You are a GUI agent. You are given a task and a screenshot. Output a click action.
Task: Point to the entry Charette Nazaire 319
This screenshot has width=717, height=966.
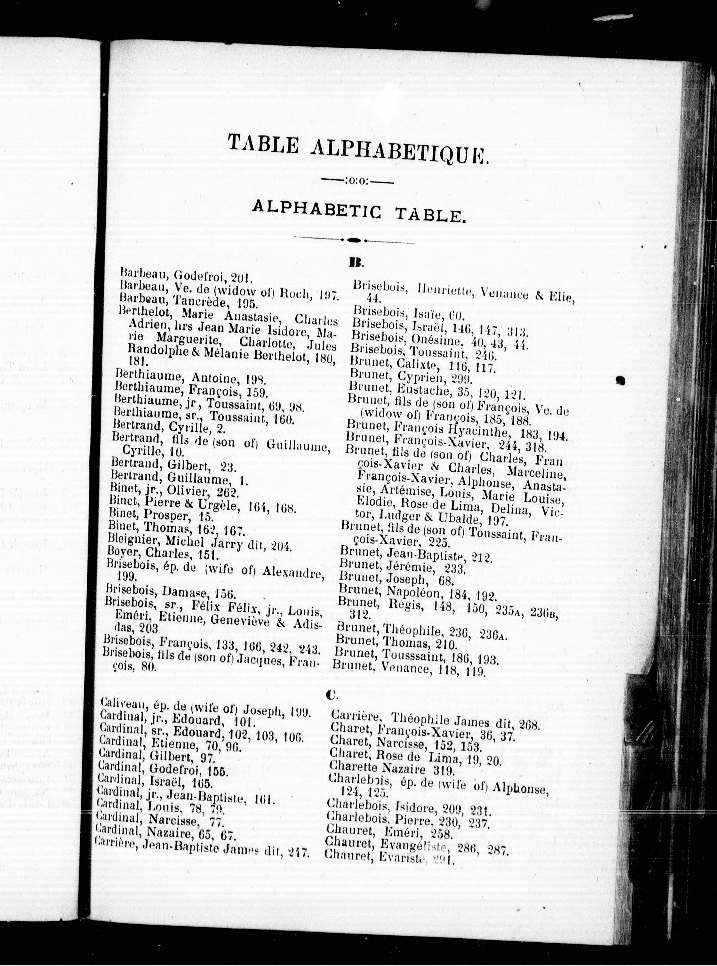click(x=392, y=770)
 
